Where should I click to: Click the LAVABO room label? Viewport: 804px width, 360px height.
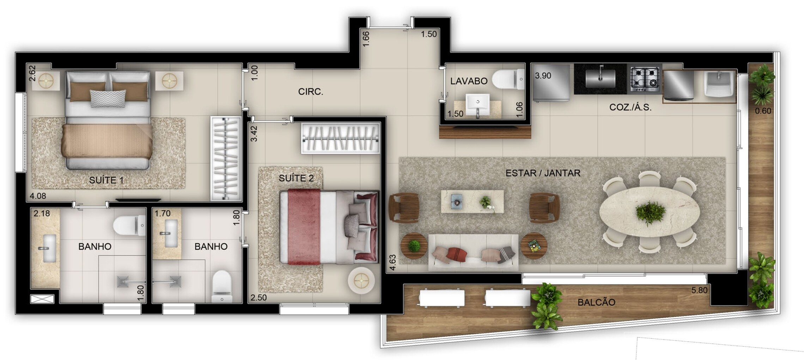tap(469, 81)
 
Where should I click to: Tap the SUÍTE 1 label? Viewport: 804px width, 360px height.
tap(106, 180)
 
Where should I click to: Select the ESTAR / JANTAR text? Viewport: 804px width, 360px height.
tap(543, 173)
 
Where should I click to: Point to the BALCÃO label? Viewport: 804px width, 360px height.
tap(596, 302)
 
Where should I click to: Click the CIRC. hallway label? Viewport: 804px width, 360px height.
tap(310, 92)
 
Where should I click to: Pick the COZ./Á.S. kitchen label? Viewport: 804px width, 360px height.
tap(630, 107)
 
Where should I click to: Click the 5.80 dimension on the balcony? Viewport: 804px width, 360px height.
tap(699, 290)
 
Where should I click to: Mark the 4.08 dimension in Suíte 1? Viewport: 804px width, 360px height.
tap(38, 196)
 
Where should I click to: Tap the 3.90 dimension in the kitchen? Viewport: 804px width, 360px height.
tap(543, 75)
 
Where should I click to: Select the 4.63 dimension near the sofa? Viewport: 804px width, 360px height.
tap(392, 263)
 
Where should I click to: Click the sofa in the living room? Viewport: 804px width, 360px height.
tap(473, 253)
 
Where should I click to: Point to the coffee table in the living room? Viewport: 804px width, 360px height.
tap(472, 202)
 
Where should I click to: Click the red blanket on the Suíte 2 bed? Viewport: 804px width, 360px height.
tap(304, 227)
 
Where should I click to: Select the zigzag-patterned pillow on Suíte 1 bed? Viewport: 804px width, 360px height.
tap(108, 98)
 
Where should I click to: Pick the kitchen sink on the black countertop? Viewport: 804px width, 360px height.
tap(600, 78)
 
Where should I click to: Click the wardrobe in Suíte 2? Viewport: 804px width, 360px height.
tap(340, 138)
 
